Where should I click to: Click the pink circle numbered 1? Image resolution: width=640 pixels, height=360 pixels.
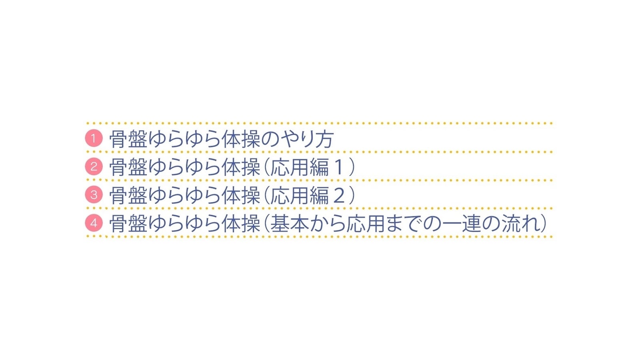pyautogui.click(x=94, y=138)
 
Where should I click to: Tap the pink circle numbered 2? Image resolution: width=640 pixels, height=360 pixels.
pyautogui.click(x=94, y=166)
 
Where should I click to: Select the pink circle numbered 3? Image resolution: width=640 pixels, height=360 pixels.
pyautogui.click(x=94, y=194)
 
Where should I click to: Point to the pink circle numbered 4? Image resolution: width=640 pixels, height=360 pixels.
pyautogui.click(x=94, y=223)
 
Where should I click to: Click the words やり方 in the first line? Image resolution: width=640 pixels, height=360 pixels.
pyautogui.click(x=307, y=140)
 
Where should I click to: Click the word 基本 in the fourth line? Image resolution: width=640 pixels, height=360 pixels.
pyautogui.click(x=290, y=224)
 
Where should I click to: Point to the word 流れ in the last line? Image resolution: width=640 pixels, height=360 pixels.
pyautogui.click(x=520, y=224)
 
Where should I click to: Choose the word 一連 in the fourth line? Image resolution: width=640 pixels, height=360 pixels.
pyautogui.click(x=462, y=224)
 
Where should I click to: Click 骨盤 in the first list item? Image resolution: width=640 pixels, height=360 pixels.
pyautogui.click(x=128, y=140)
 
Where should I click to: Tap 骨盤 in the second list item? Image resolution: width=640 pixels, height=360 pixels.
pyautogui.click(x=128, y=168)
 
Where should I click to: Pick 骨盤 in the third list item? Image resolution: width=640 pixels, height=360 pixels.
pyautogui.click(x=128, y=196)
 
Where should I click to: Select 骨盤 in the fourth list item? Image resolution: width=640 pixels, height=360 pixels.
pyautogui.click(x=128, y=224)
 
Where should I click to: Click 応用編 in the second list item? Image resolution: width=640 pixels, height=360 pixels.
pyautogui.click(x=300, y=168)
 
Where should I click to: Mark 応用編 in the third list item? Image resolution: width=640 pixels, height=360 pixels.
pyautogui.click(x=300, y=196)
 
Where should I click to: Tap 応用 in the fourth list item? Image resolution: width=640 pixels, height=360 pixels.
pyautogui.click(x=366, y=224)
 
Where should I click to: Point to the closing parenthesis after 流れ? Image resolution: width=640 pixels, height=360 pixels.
pyautogui.click(x=543, y=224)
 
